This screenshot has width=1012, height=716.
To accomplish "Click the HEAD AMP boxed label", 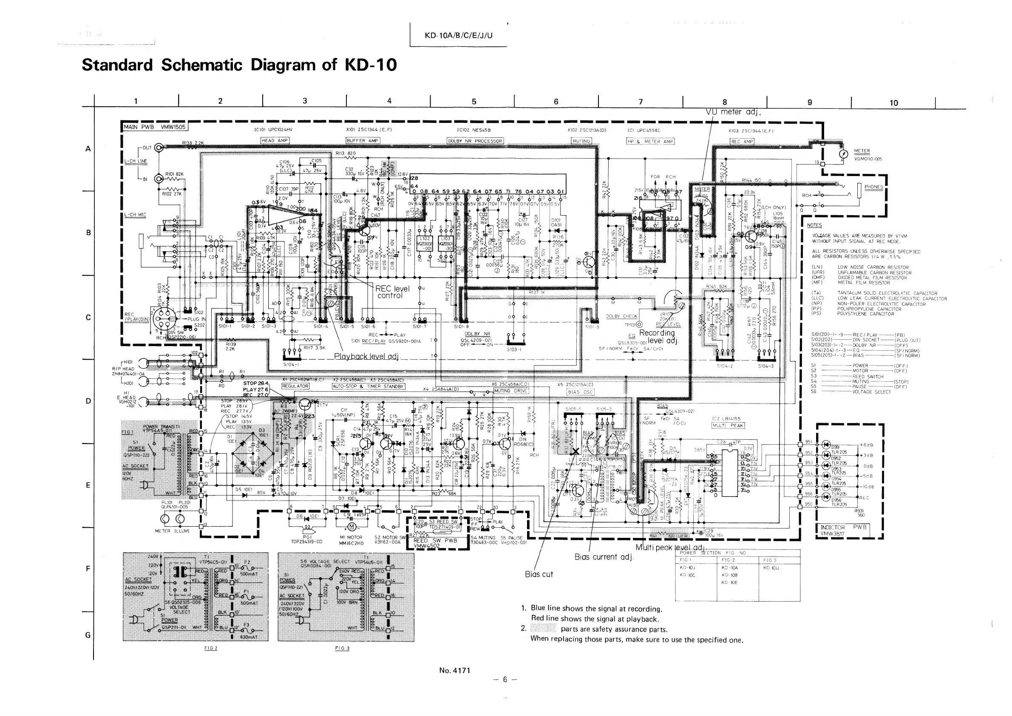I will (x=275, y=141).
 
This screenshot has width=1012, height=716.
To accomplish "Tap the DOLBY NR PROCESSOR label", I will (x=475, y=141).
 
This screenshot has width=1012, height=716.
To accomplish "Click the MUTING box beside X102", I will (x=581, y=141).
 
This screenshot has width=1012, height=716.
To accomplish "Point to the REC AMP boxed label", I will (x=742, y=142).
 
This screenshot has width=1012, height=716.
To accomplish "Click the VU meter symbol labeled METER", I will (x=844, y=155).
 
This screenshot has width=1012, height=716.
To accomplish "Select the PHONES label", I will (x=873, y=187).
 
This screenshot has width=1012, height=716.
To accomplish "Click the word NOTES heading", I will (x=814, y=225).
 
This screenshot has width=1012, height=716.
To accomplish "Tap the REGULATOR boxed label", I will (x=295, y=386).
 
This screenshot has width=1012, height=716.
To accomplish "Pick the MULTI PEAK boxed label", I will (x=728, y=426).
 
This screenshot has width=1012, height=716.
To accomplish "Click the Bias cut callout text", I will (x=539, y=574).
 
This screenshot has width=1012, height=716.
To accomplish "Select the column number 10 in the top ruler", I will (x=893, y=103).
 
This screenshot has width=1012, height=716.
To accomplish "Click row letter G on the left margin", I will (x=88, y=635).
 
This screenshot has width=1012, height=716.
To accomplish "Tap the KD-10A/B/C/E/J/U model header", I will (x=459, y=35).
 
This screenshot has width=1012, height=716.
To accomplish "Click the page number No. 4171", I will (x=455, y=671).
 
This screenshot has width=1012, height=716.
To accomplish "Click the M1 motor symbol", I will (x=352, y=527).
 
